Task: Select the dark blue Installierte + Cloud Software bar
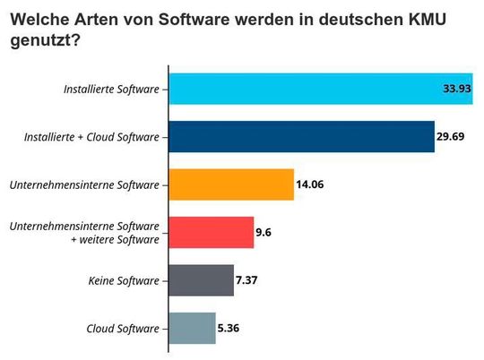[x=301, y=137]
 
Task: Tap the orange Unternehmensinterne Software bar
[x=231, y=184]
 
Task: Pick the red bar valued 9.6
[x=212, y=233]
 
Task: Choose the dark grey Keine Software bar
[x=201, y=280]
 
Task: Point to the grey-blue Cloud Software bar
[x=192, y=329]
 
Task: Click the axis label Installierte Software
[x=111, y=89]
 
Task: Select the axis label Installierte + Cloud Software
[x=91, y=137]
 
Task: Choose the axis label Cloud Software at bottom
[x=122, y=329]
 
